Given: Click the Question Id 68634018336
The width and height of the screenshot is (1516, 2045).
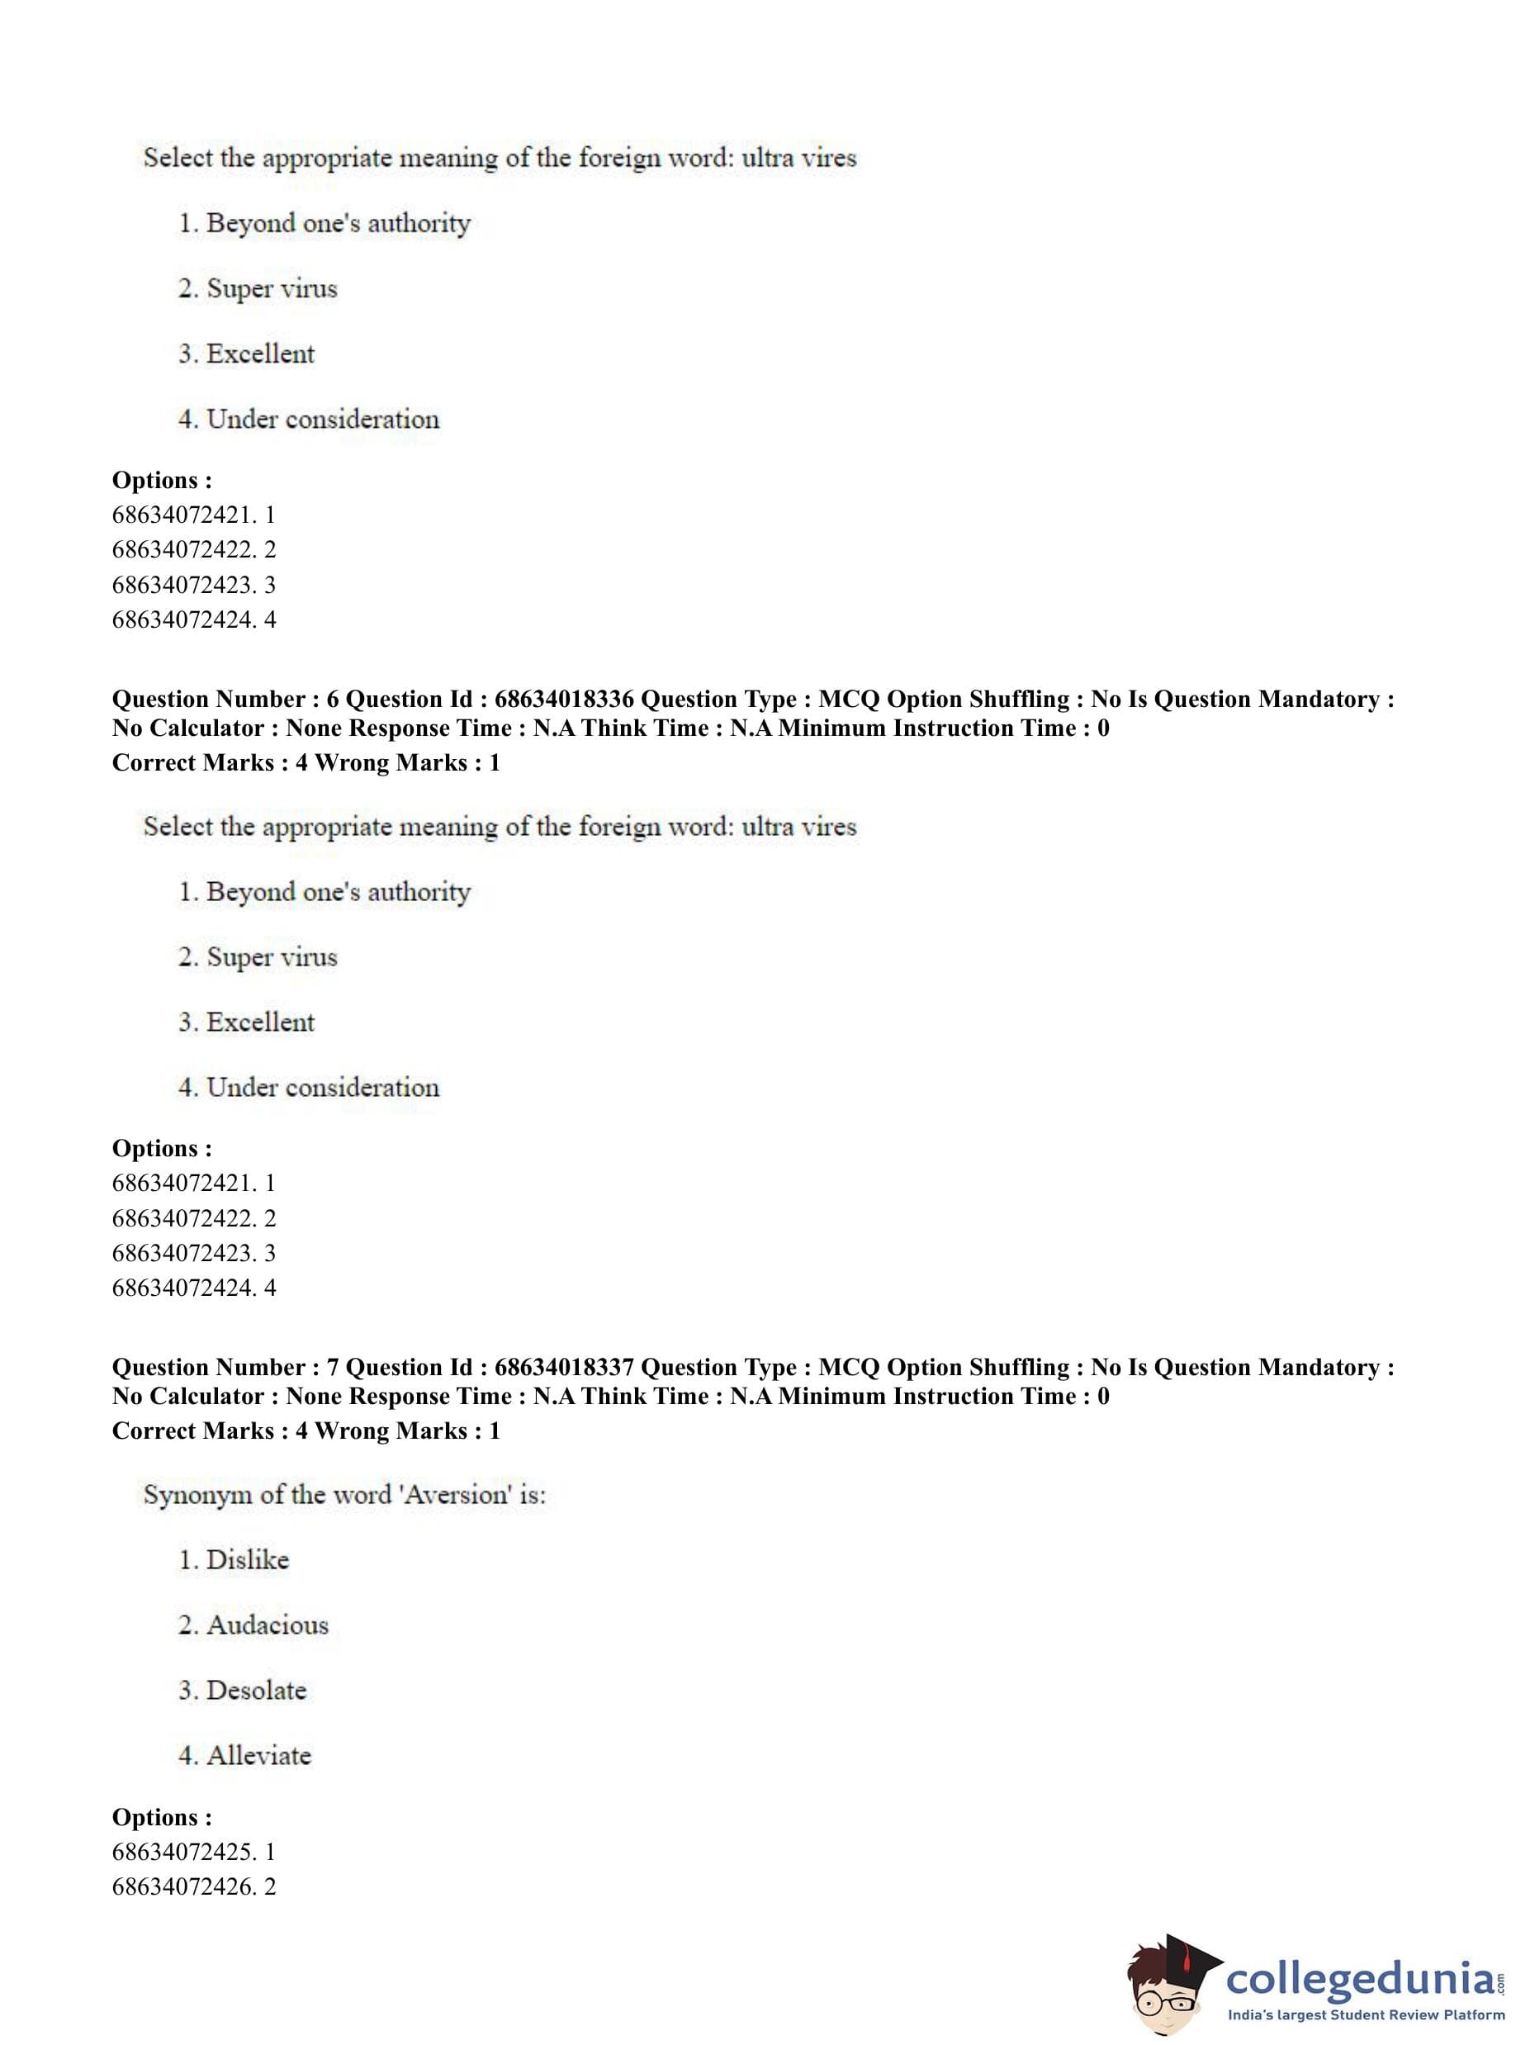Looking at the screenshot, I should click(563, 700).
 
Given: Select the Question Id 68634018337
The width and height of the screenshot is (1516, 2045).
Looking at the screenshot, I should click(563, 1368).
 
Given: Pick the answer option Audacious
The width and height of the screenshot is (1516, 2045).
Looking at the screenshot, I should click(266, 1625).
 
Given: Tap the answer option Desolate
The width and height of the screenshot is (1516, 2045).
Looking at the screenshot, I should click(255, 1691).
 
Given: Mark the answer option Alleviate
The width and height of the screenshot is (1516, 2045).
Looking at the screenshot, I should click(258, 1756).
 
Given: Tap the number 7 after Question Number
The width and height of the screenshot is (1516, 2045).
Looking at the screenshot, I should click(332, 1368).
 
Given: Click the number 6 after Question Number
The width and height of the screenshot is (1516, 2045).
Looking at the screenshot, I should click(332, 700).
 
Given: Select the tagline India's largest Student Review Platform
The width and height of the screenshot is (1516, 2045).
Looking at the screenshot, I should click(1366, 2015).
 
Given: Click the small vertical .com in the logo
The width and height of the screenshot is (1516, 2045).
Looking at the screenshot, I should click(1501, 1976).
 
